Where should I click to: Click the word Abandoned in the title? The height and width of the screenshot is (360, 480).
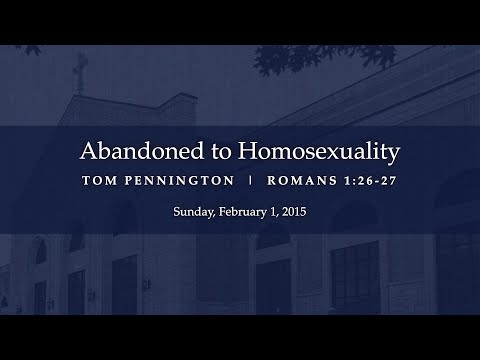[130, 154]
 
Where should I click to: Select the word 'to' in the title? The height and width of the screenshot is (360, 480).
[197, 154]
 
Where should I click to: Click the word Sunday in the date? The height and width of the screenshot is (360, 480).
[190, 213]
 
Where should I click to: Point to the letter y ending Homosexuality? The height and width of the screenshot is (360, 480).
[394, 157]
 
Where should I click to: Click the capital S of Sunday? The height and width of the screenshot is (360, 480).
[176, 213]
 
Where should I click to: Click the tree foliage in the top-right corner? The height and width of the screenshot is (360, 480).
[440, 30]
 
